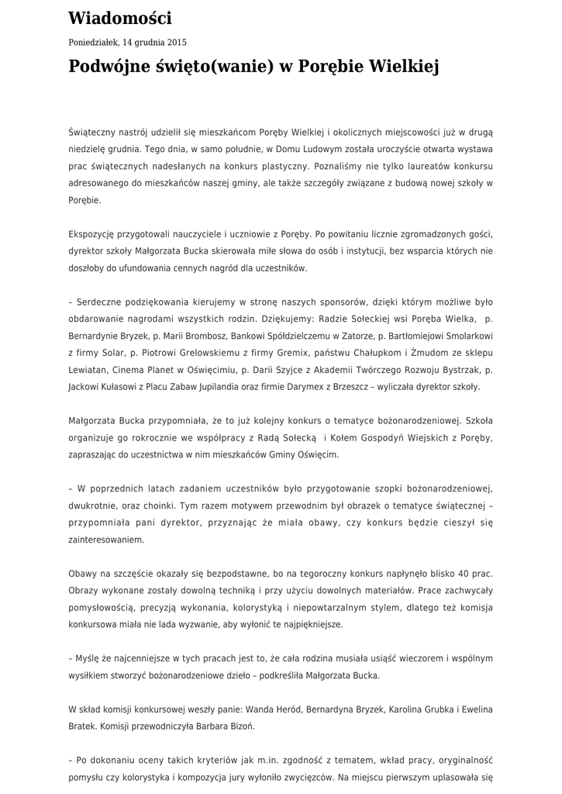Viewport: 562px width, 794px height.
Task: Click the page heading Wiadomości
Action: click(x=120, y=19)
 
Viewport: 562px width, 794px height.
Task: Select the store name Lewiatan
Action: click(x=88, y=370)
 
